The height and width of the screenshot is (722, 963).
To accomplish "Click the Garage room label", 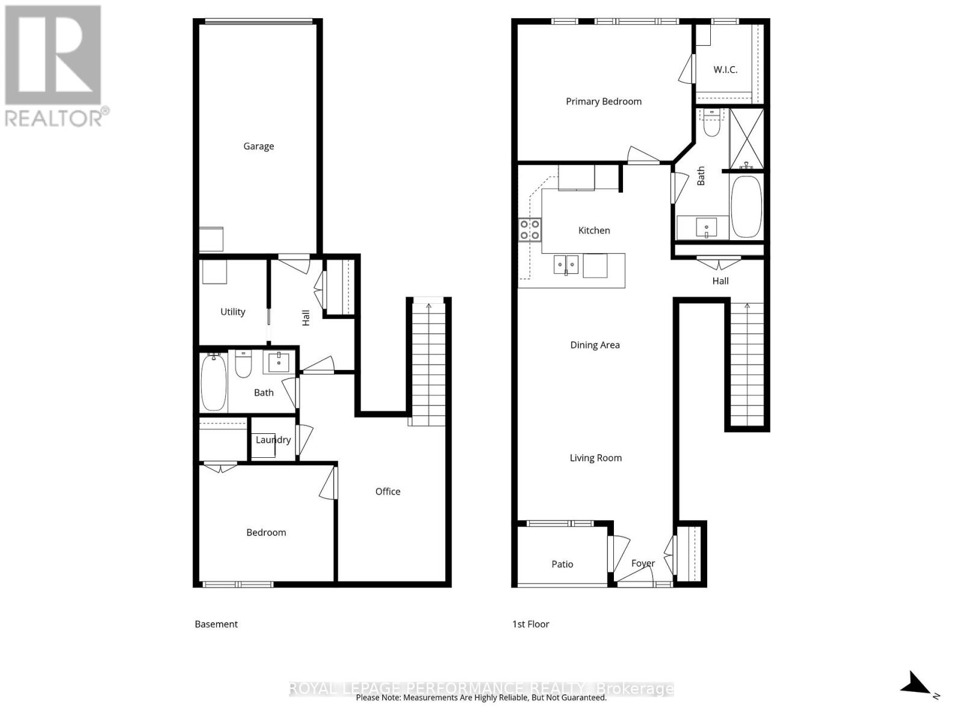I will coord(258,146).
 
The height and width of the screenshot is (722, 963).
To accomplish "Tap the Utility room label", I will coord(232,312).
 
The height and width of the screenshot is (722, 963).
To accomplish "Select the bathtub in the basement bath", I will coord(214,382).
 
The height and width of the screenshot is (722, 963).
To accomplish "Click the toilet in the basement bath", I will coord(243,365).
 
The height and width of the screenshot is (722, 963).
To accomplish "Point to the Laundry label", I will coord(273,440).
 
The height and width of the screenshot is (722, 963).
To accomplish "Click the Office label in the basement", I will coord(388,492).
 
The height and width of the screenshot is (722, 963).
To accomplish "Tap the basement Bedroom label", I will coord(266,532).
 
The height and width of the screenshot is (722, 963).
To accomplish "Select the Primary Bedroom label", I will coord(603,102).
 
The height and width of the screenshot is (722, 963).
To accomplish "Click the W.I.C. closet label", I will coord(725,70).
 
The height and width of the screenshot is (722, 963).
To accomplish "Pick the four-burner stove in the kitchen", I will coord(530,229).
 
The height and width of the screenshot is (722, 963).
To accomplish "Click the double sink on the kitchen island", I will coord(566,264).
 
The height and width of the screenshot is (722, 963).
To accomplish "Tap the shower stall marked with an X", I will coord(746,138).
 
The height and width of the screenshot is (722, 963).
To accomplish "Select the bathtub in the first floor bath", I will coord(746,206).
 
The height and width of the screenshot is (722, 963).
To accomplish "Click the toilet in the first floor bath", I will coord(711,125).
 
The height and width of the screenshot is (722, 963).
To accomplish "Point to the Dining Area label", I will coord(595,345).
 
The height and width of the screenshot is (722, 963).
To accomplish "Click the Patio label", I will coord(562,564).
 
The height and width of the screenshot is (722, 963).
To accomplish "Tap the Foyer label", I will coord(643,564).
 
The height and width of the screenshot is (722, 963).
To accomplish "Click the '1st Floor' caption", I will coord(530,625).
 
